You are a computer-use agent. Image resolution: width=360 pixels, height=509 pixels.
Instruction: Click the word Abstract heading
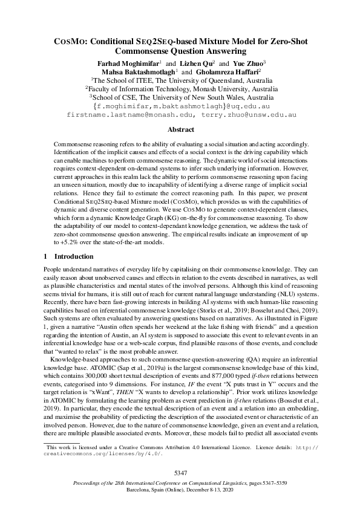pos(180,130)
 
